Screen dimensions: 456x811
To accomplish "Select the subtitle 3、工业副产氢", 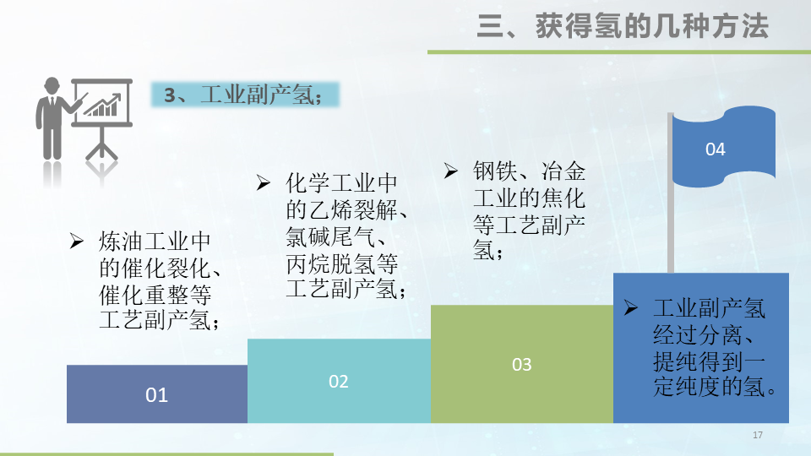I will coord(244,95).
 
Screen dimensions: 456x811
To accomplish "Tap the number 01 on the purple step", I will coord(157,394).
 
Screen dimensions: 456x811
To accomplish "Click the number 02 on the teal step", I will coord(339,382).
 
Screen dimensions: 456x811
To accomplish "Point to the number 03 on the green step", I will coord(522,364).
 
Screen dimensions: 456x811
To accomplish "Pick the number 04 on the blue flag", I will coord(716,149).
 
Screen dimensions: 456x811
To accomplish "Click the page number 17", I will coord(757,435).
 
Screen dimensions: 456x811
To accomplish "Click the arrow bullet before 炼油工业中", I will coord(76,241).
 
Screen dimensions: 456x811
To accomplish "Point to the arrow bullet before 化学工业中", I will coord(264,183).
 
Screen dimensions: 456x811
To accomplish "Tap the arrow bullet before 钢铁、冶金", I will coord(451,171).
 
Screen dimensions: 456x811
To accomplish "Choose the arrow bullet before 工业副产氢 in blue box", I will coord(630,308).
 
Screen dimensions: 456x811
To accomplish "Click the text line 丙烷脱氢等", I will coord(341,263).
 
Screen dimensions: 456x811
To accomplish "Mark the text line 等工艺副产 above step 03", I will coord(528,225).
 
